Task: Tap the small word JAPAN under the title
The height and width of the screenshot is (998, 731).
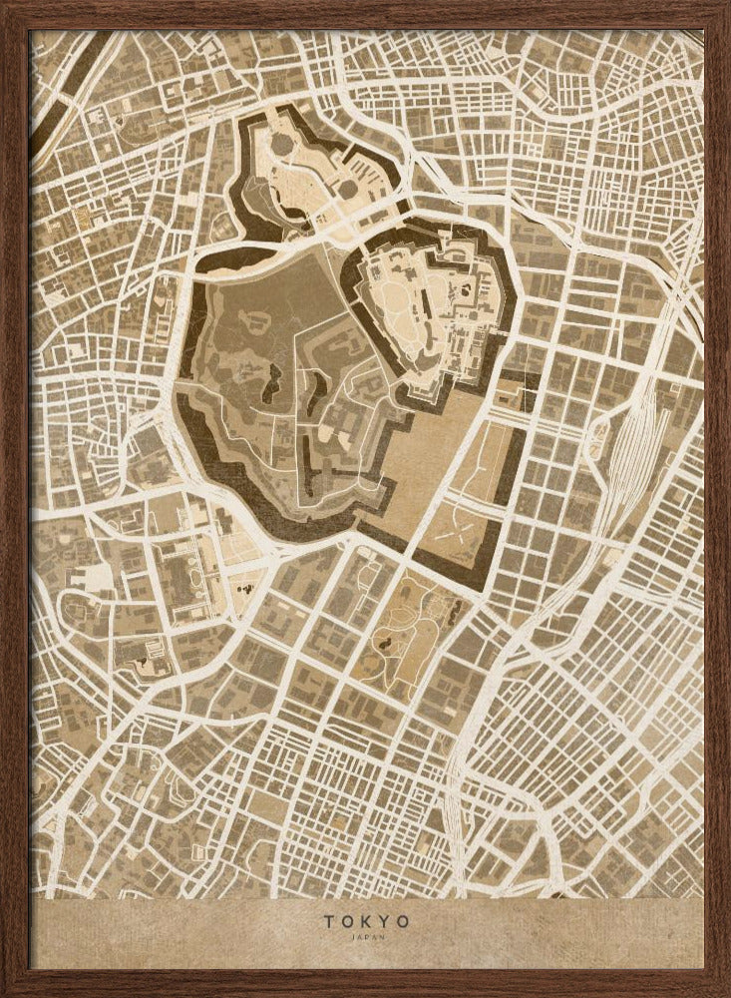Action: point(365,937)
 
